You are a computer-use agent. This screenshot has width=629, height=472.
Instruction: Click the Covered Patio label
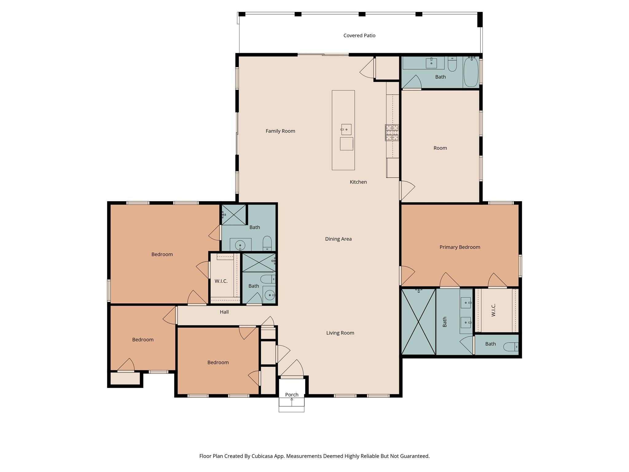tap(359, 36)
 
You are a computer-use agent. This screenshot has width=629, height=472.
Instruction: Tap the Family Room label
tap(280, 131)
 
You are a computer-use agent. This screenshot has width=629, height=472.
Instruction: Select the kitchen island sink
tap(346, 129)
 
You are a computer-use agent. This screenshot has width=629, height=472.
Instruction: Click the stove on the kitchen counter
tap(392, 133)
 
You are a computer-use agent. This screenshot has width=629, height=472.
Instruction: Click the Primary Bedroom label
tap(459, 247)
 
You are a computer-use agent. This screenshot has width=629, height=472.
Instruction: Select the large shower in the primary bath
tap(418, 321)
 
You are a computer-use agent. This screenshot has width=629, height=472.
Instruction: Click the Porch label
tap(291, 395)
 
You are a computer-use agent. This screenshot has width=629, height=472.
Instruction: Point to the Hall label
tap(224, 312)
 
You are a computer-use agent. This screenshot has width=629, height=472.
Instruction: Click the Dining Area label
tap(338, 239)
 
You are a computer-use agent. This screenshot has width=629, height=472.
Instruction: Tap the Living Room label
tap(340, 333)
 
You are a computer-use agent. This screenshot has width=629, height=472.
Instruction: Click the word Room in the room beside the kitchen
tap(440, 148)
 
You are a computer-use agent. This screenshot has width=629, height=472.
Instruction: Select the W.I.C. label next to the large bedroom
tap(221, 281)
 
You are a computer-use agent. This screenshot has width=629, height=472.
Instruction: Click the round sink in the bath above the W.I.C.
tap(240, 245)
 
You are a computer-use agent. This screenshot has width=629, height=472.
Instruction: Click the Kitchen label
tap(358, 182)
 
